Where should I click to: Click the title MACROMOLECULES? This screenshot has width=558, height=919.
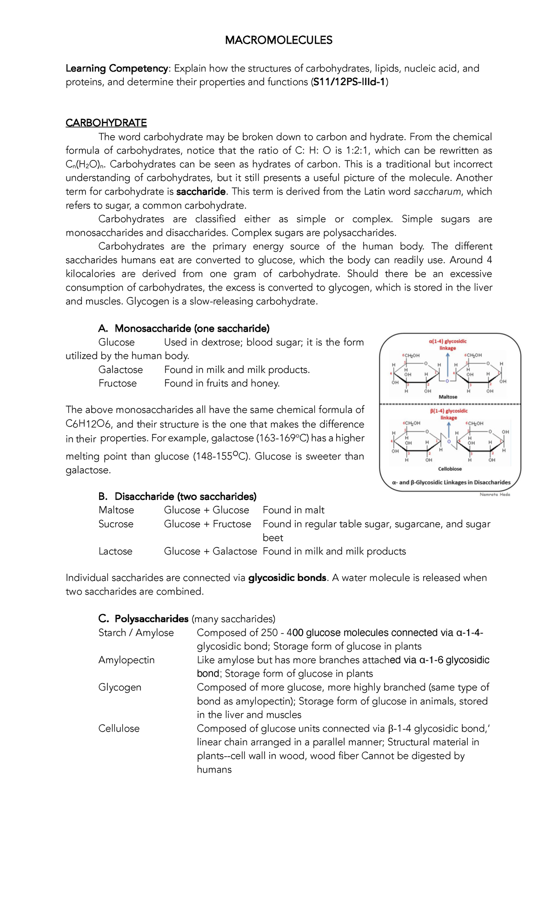pos(279,40)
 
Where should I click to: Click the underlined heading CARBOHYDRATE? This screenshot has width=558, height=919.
pos(106,123)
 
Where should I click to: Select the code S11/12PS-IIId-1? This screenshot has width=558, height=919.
pos(349,82)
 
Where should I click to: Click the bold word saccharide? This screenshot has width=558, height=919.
pos(201,192)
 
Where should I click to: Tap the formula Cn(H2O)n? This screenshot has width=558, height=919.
pos(85,165)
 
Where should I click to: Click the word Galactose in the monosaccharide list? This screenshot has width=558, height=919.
pos(120,370)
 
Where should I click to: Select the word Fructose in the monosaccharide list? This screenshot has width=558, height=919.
pos(118,383)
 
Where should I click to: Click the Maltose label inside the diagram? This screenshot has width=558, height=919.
pos(448,397)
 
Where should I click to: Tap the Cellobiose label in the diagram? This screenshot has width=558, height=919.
pos(450,469)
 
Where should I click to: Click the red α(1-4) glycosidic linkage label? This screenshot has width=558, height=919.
pos(447,345)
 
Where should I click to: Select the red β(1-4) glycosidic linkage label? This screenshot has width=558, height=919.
pos(448,414)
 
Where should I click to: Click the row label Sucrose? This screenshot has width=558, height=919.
pos(116,524)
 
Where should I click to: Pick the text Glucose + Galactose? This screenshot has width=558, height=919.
pos(210,552)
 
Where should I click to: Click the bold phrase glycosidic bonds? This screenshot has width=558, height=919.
pos(287,578)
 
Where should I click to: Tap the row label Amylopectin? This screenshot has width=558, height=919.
pos(126,660)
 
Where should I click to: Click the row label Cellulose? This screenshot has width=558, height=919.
pos(119,729)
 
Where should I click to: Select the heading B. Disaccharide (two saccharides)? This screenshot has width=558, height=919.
pos(178,497)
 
